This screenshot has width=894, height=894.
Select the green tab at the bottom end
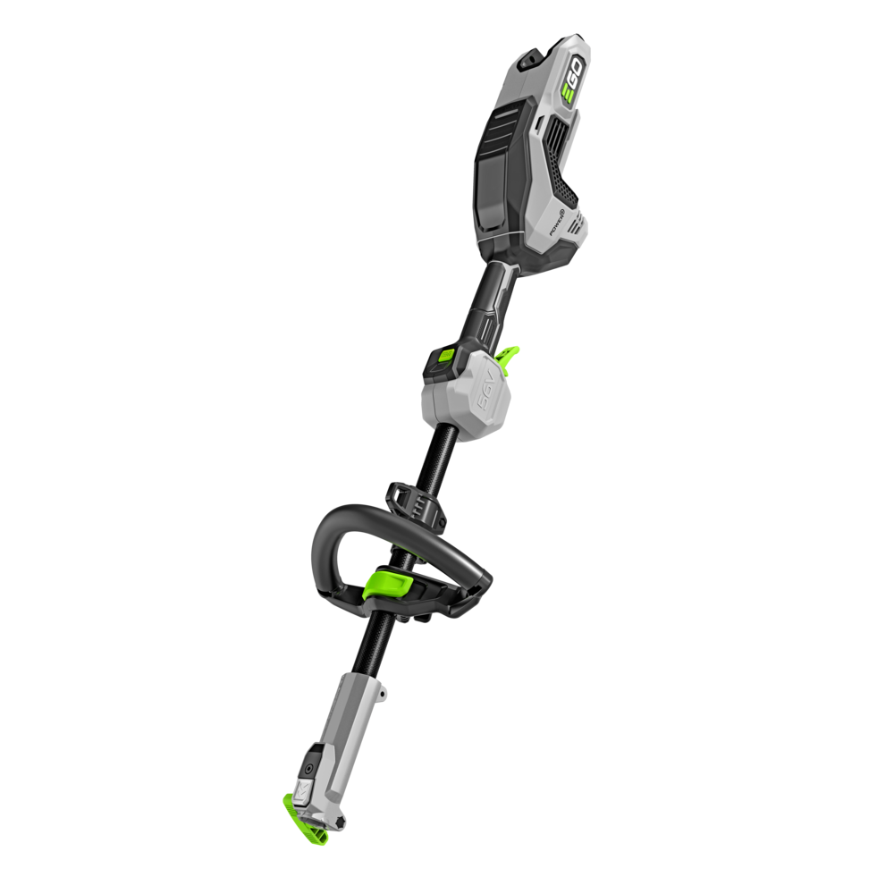(x=303, y=815)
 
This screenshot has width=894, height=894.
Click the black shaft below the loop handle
(x=372, y=653)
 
